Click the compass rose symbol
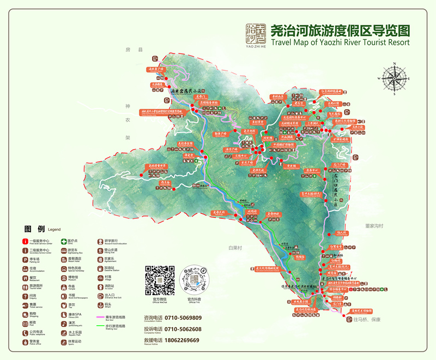396,79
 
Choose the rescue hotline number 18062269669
180,340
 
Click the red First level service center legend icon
25,241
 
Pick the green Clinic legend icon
63,241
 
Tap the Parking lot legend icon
25,259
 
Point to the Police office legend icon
25,341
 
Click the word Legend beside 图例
55,230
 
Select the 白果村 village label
235,248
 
